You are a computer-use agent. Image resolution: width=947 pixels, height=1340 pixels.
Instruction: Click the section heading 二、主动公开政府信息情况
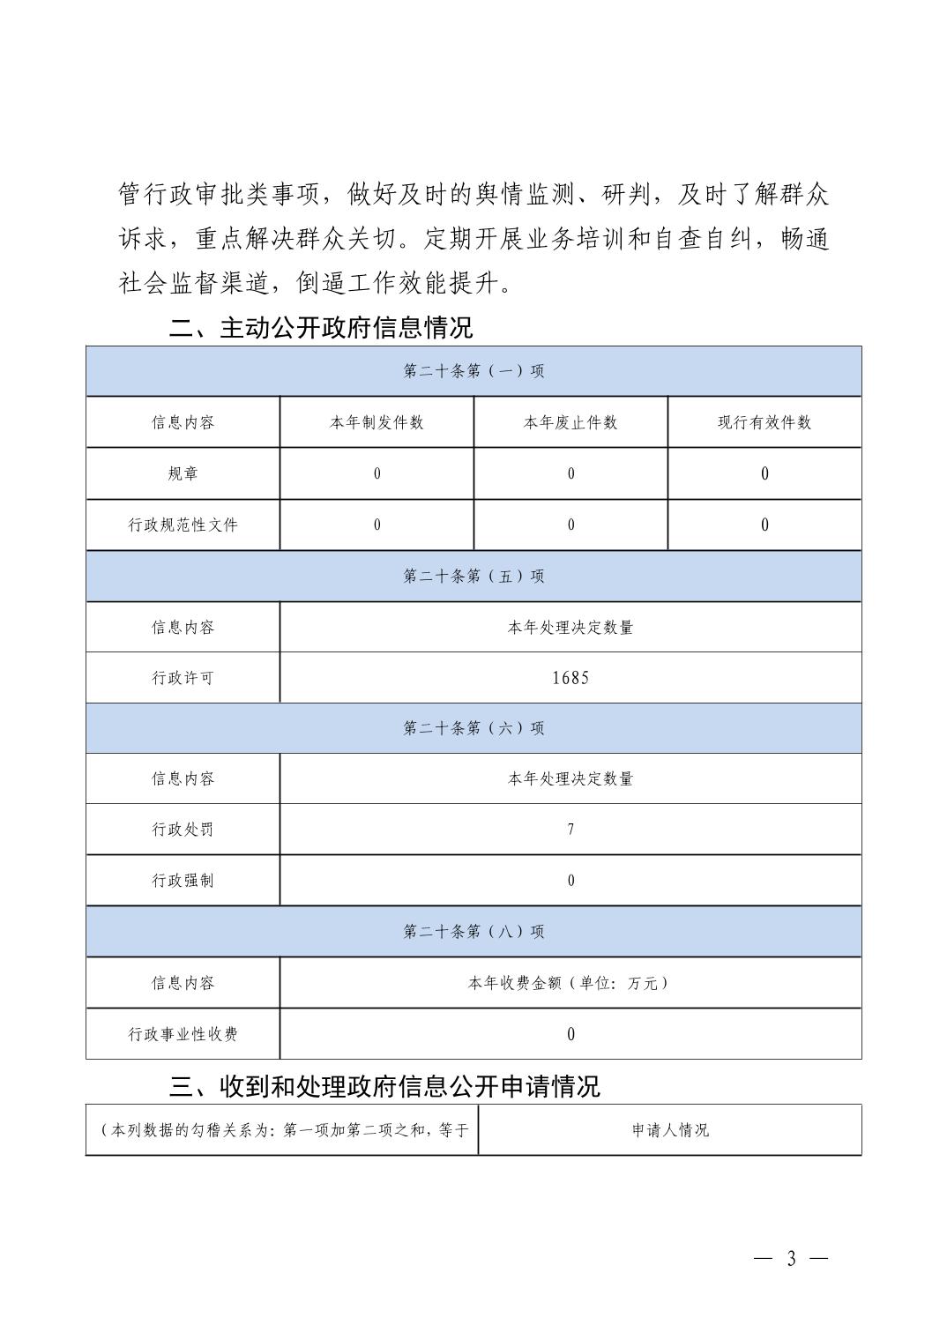click(x=321, y=328)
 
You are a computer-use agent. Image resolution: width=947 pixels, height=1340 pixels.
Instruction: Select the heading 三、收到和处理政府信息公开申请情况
click(x=384, y=1086)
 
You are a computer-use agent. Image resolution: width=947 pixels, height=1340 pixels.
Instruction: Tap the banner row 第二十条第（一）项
click(x=473, y=371)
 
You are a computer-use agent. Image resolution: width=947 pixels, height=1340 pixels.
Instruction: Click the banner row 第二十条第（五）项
click(x=473, y=576)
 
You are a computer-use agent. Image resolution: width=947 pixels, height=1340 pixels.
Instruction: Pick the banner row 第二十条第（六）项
click(x=473, y=727)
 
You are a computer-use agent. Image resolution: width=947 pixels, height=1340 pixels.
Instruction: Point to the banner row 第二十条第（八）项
click(x=473, y=931)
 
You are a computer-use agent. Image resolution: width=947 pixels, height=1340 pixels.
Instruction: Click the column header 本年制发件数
click(x=377, y=422)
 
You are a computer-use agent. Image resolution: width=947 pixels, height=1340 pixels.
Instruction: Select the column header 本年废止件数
click(x=570, y=422)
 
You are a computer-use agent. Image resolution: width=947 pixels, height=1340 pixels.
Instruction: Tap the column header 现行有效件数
click(x=764, y=422)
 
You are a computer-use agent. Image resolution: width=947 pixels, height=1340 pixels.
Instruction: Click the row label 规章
click(x=183, y=473)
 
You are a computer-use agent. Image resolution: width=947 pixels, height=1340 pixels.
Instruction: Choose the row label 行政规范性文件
click(x=183, y=525)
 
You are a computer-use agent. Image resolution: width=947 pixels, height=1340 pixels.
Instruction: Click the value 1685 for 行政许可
click(x=570, y=678)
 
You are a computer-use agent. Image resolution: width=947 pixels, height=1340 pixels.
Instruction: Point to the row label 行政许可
click(x=183, y=678)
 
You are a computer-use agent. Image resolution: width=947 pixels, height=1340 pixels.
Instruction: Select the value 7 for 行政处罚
click(x=570, y=829)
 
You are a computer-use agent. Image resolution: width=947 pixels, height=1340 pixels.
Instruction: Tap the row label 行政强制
click(x=183, y=880)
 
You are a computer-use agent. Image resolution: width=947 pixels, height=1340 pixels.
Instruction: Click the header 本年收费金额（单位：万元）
click(x=570, y=982)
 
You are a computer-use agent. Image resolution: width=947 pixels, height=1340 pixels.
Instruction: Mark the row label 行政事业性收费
click(x=183, y=1034)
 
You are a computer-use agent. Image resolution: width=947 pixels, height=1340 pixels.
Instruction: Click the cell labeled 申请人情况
click(x=670, y=1129)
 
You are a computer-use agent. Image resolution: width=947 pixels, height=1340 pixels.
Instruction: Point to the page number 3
click(x=791, y=1259)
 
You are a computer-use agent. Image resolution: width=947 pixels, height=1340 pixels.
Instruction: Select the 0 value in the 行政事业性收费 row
click(x=570, y=1034)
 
